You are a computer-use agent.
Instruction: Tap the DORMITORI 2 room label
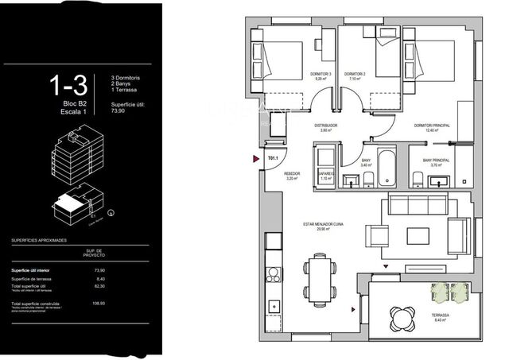[355, 77]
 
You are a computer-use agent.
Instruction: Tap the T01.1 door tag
[272, 159]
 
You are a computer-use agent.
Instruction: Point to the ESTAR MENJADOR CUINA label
[322, 226]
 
